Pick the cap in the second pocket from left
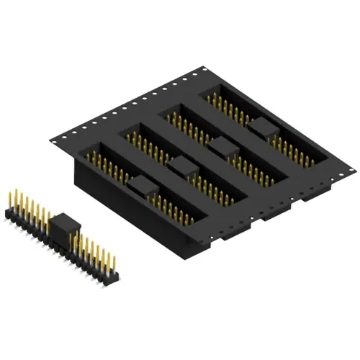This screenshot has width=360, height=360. tap(183, 168)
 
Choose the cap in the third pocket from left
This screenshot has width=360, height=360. tap(222, 148)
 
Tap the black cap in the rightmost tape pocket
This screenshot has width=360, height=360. tap(262, 128)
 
